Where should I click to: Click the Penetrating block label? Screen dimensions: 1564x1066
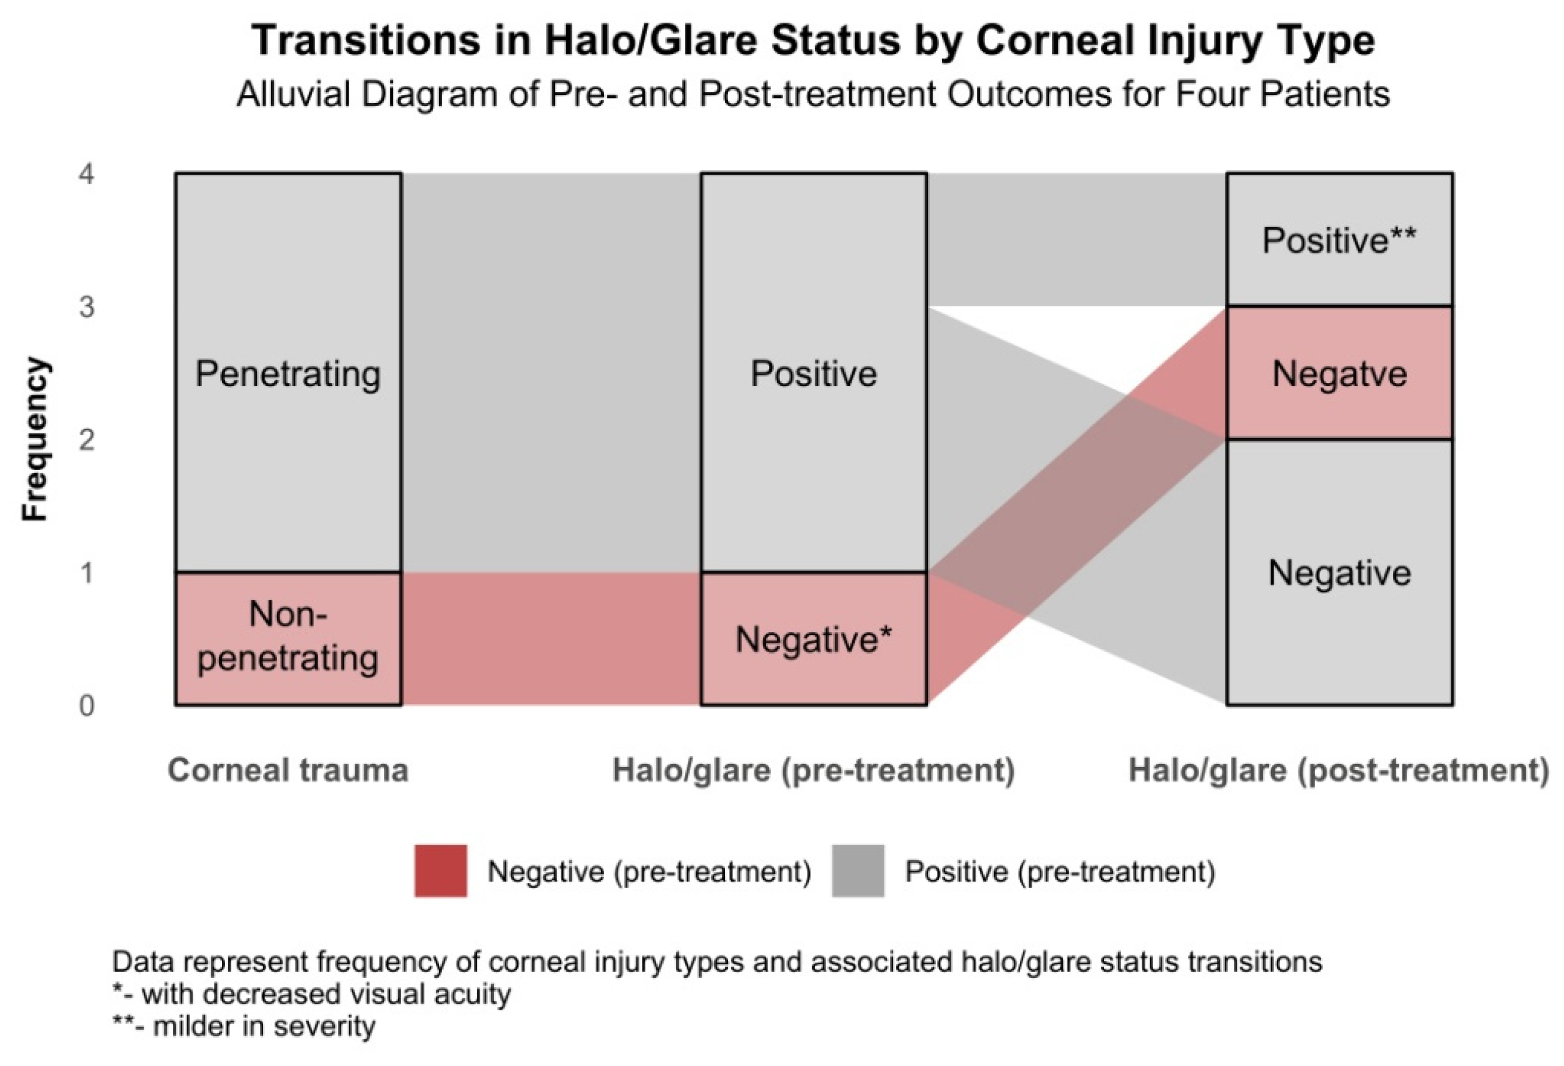click(288, 374)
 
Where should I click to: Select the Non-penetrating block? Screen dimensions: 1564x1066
click(289, 639)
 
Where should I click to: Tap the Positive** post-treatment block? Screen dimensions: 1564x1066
click(1339, 239)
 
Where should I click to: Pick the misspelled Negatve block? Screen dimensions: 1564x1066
click(1339, 373)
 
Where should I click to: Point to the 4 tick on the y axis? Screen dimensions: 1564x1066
click(86, 174)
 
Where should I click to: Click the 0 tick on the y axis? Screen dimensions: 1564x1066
click(86, 706)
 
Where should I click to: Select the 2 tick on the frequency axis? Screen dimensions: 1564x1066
click(86, 440)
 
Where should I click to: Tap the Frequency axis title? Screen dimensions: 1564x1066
click(35, 440)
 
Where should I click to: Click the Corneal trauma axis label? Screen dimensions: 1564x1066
click(288, 770)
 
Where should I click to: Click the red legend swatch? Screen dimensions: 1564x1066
click(441, 871)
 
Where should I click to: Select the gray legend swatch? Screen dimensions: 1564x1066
click(858, 871)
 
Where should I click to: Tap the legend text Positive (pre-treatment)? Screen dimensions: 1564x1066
click(1060, 872)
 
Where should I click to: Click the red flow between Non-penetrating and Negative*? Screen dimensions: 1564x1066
click(551, 639)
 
